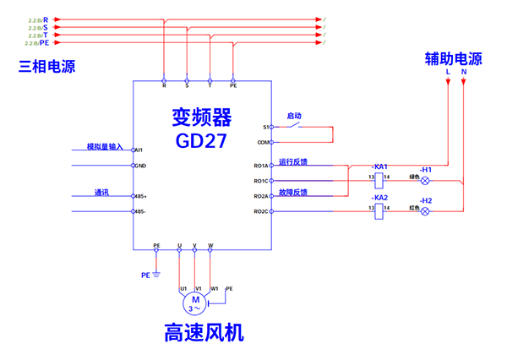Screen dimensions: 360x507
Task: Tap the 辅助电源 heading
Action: [x=453, y=59]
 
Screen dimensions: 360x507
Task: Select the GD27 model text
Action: [x=202, y=139]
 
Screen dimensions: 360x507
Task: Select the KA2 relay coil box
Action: [x=379, y=211]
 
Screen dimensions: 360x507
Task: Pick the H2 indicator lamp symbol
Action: [x=425, y=211]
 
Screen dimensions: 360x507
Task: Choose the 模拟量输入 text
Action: [x=105, y=146]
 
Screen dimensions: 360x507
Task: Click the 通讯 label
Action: [x=102, y=193]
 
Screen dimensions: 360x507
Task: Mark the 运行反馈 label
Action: [x=293, y=161]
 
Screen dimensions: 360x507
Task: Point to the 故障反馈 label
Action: [x=293, y=192]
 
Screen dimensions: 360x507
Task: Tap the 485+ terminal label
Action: [x=141, y=196]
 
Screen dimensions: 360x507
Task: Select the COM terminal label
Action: [x=262, y=143]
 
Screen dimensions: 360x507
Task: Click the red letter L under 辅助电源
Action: [x=448, y=74]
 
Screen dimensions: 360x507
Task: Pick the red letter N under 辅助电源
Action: [x=464, y=74]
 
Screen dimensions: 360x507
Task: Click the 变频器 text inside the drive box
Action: [x=201, y=116]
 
